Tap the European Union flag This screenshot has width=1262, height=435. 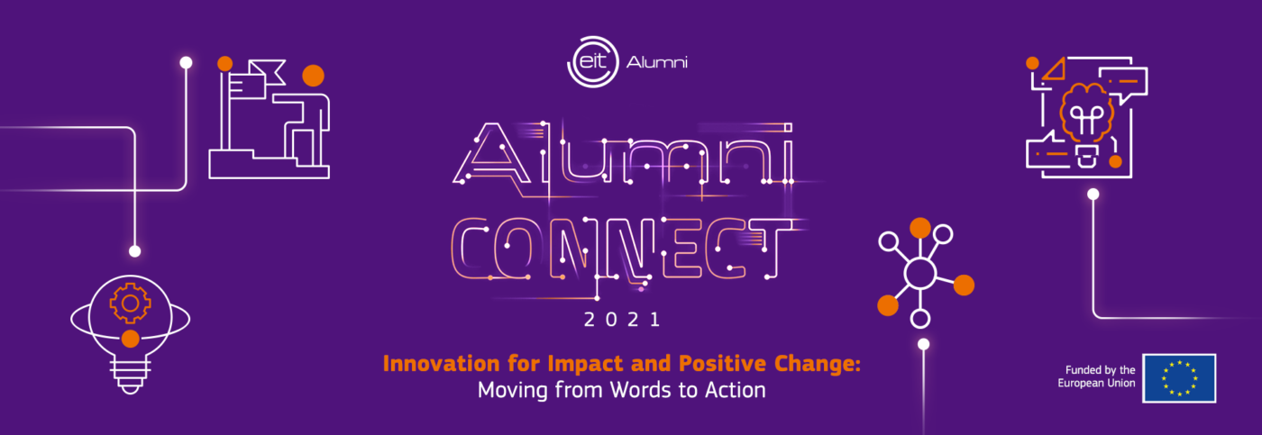coord(1179,378)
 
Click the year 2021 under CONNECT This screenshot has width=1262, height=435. coord(622,320)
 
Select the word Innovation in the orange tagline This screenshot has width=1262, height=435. coord(441,364)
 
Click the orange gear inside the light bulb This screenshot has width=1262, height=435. coord(130,304)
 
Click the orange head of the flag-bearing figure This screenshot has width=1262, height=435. coord(314,76)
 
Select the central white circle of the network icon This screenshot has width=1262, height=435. coord(920,274)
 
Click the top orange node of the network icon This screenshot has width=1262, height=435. coord(920,228)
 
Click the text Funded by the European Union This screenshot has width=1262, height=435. coord(1096,376)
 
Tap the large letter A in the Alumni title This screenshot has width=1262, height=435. coord(491,153)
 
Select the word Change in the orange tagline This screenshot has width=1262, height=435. coord(818,364)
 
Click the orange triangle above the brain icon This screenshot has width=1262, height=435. coord(1053,69)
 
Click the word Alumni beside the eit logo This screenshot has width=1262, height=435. coord(657,62)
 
